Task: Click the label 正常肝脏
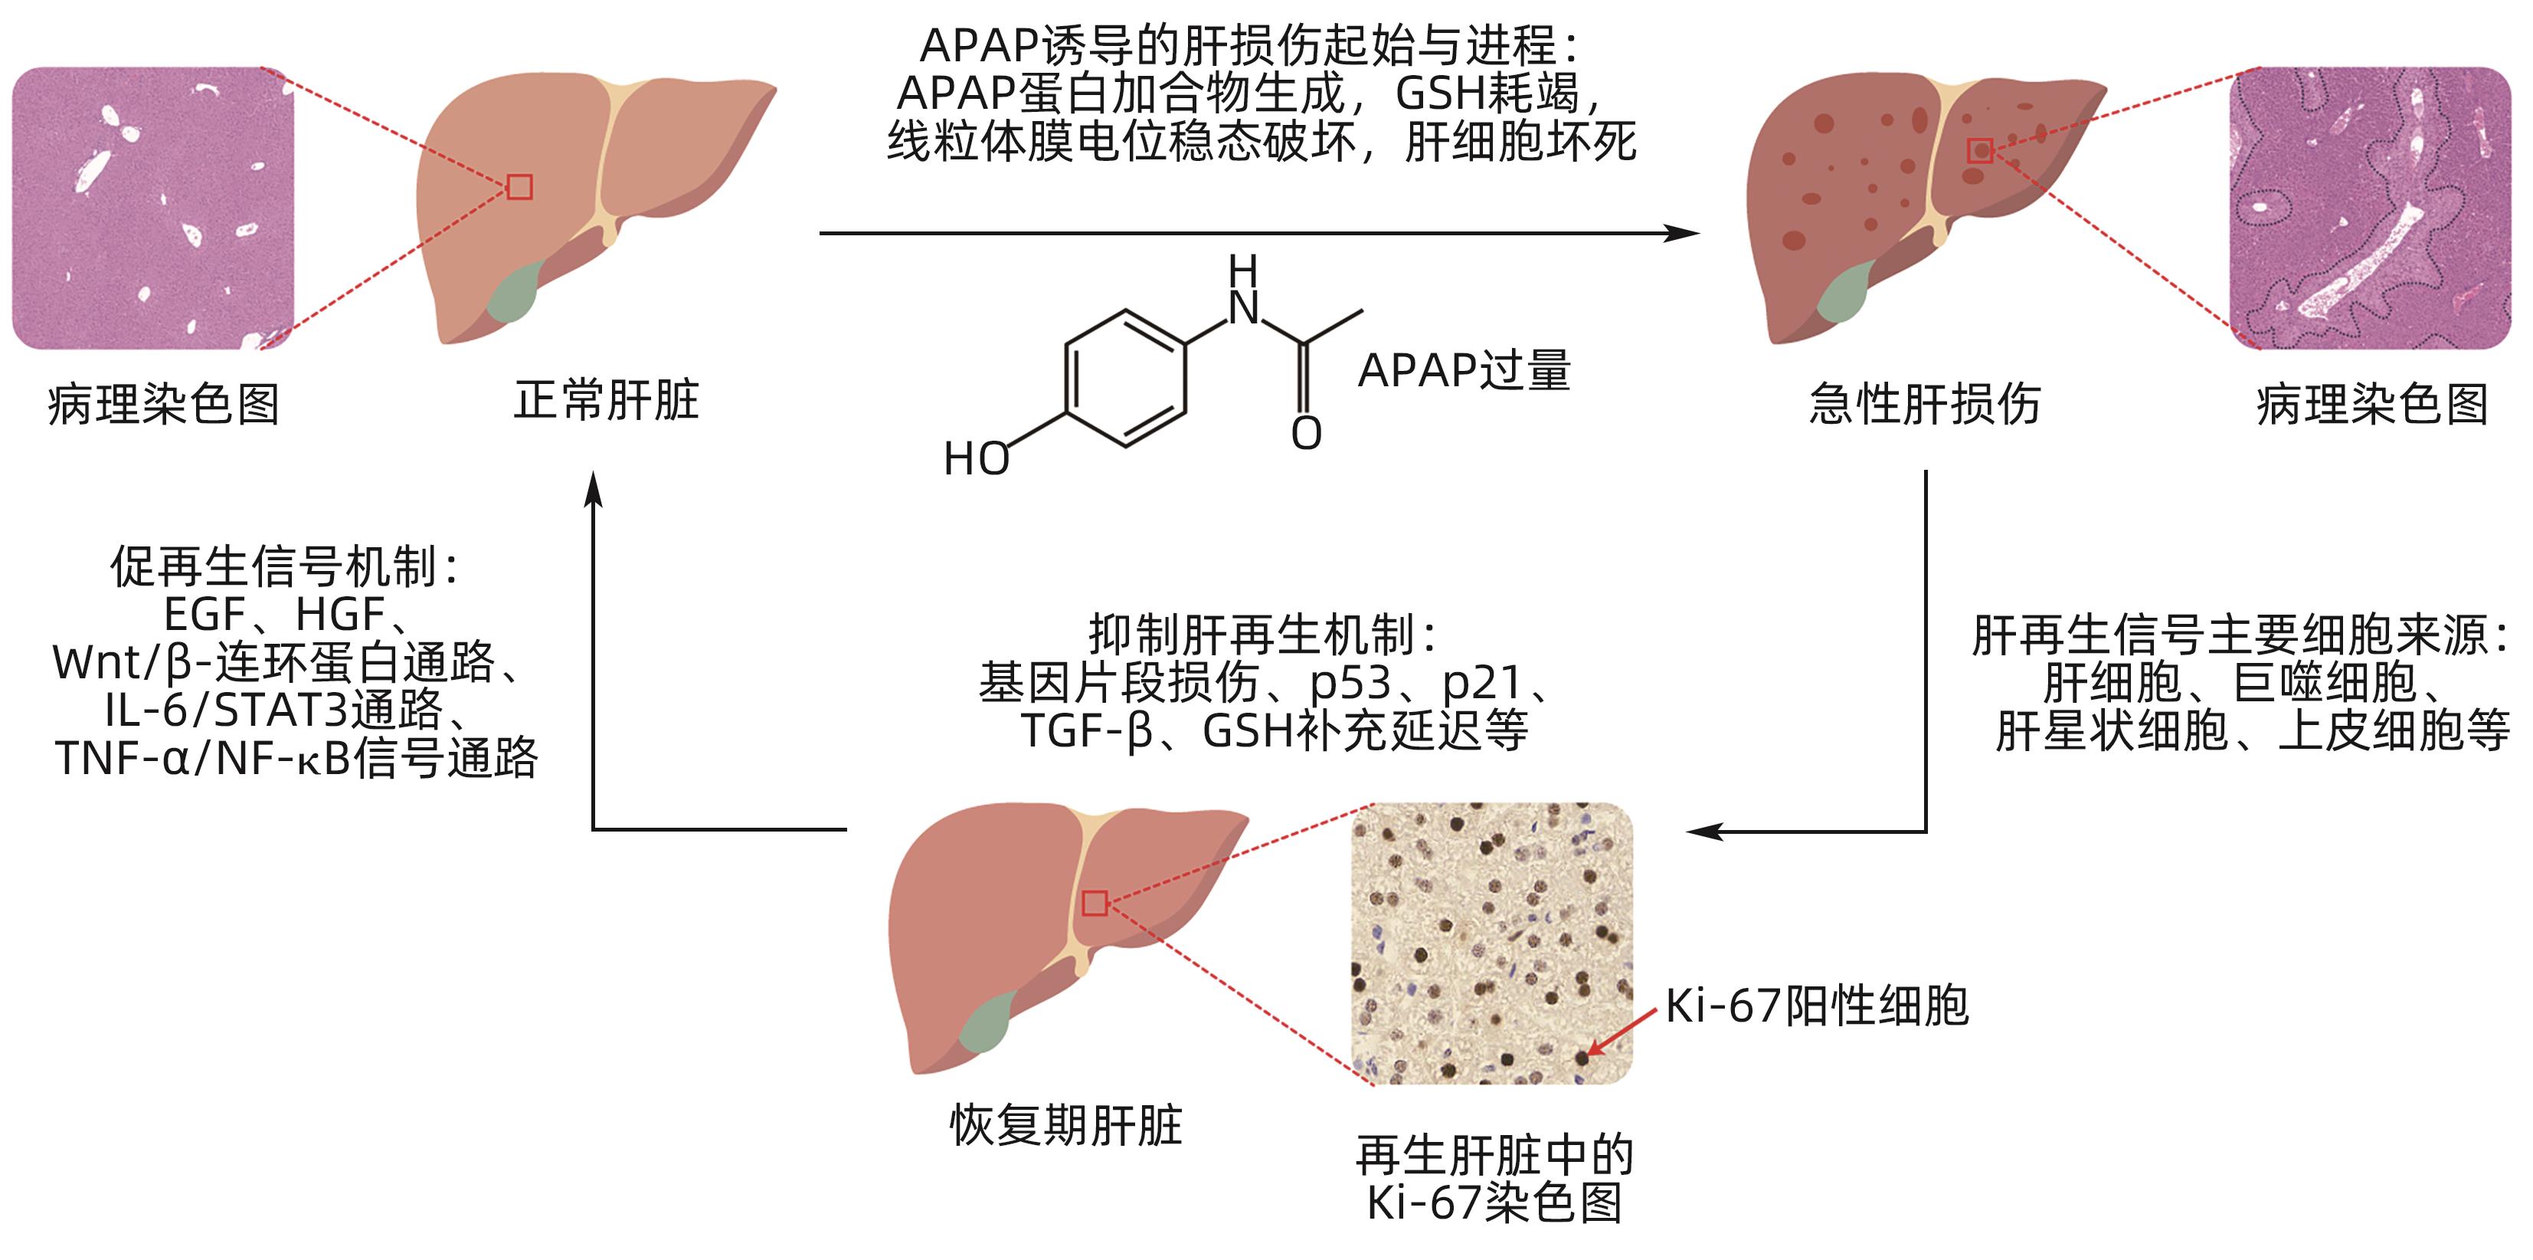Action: point(606,400)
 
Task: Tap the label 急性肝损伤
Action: point(1924,404)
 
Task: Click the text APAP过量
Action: point(1463,371)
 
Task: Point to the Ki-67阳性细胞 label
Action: point(1816,1006)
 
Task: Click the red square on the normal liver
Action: point(519,187)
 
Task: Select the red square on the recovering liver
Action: point(1095,903)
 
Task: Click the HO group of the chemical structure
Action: point(976,459)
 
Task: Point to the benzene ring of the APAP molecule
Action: point(1126,379)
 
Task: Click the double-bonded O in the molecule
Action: point(1306,434)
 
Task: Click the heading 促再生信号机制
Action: point(283,566)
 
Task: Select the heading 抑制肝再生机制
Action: point(1262,635)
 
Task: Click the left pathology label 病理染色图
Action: point(163,404)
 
